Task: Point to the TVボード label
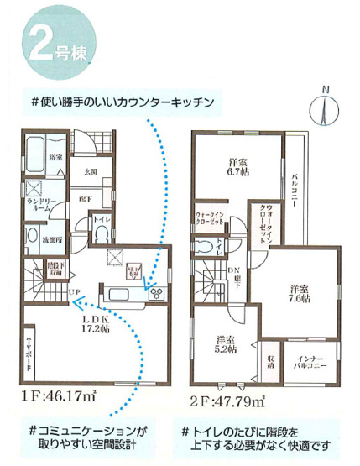pos(30,352)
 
